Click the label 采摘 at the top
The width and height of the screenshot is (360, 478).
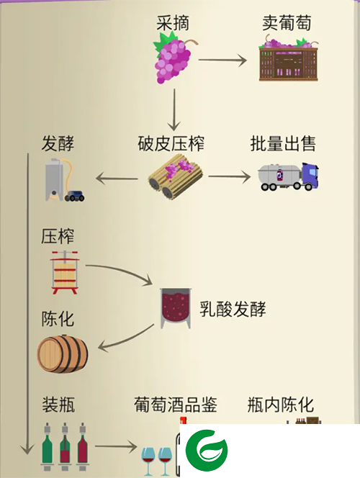point(173,23)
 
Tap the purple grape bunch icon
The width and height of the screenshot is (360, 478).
point(174,58)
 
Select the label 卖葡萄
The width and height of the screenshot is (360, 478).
point(287,23)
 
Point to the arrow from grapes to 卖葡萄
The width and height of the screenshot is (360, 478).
point(222,60)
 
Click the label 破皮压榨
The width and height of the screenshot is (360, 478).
point(171,143)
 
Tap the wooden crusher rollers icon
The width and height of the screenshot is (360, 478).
point(175,176)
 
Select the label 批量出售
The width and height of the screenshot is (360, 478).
point(283,143)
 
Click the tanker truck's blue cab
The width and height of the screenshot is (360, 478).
point(310,174)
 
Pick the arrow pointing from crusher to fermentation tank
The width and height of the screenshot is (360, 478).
point(117,179)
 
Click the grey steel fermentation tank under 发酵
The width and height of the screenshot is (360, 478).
point(54,180)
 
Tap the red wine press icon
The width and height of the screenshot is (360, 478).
point(65,272)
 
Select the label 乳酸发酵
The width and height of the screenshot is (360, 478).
point(233,309)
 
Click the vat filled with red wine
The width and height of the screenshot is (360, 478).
point(176,308)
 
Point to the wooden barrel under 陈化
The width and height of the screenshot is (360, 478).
point(63,353)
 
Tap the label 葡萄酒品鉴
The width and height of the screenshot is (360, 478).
point(176,405)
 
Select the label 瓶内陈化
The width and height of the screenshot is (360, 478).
point(281,405)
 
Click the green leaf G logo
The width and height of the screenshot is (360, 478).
point(207,450)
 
